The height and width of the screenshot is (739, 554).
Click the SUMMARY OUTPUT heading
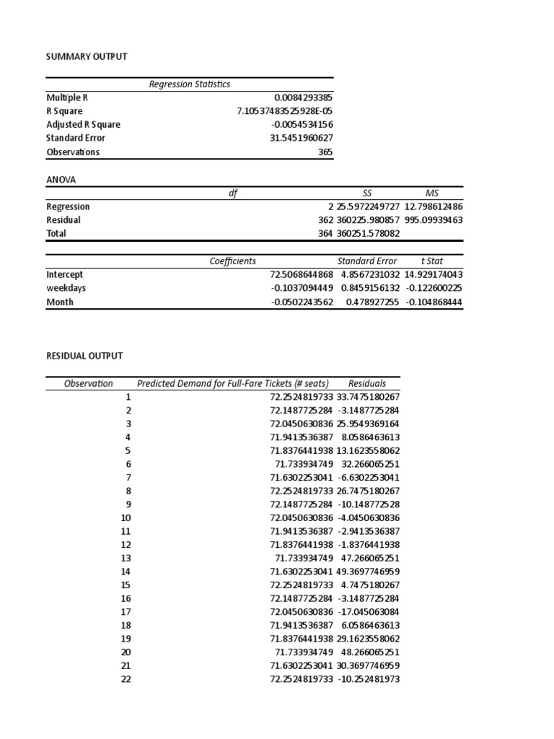point(87,56)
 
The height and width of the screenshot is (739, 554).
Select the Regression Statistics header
point(190,84)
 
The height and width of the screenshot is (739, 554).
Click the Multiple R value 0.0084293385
point(304,97)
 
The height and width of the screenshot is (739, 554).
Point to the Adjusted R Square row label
point(83,125)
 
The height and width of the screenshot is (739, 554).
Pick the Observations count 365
point(325,152)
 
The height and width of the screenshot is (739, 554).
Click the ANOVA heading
point(61,179)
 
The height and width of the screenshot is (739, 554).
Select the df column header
point(233,193)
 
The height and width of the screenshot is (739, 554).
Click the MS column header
point(432,193)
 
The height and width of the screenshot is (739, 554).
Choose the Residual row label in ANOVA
point(63,220)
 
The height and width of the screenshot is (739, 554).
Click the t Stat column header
point(432,261)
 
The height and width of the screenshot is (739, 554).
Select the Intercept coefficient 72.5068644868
point(302,275)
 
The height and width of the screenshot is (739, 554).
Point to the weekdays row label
point(66,288)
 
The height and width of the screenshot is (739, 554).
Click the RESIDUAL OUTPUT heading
point(84,356)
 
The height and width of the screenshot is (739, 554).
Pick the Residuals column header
point(367,384)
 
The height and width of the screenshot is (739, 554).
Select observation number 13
point(127,558)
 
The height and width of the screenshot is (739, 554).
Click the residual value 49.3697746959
point(368,572)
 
